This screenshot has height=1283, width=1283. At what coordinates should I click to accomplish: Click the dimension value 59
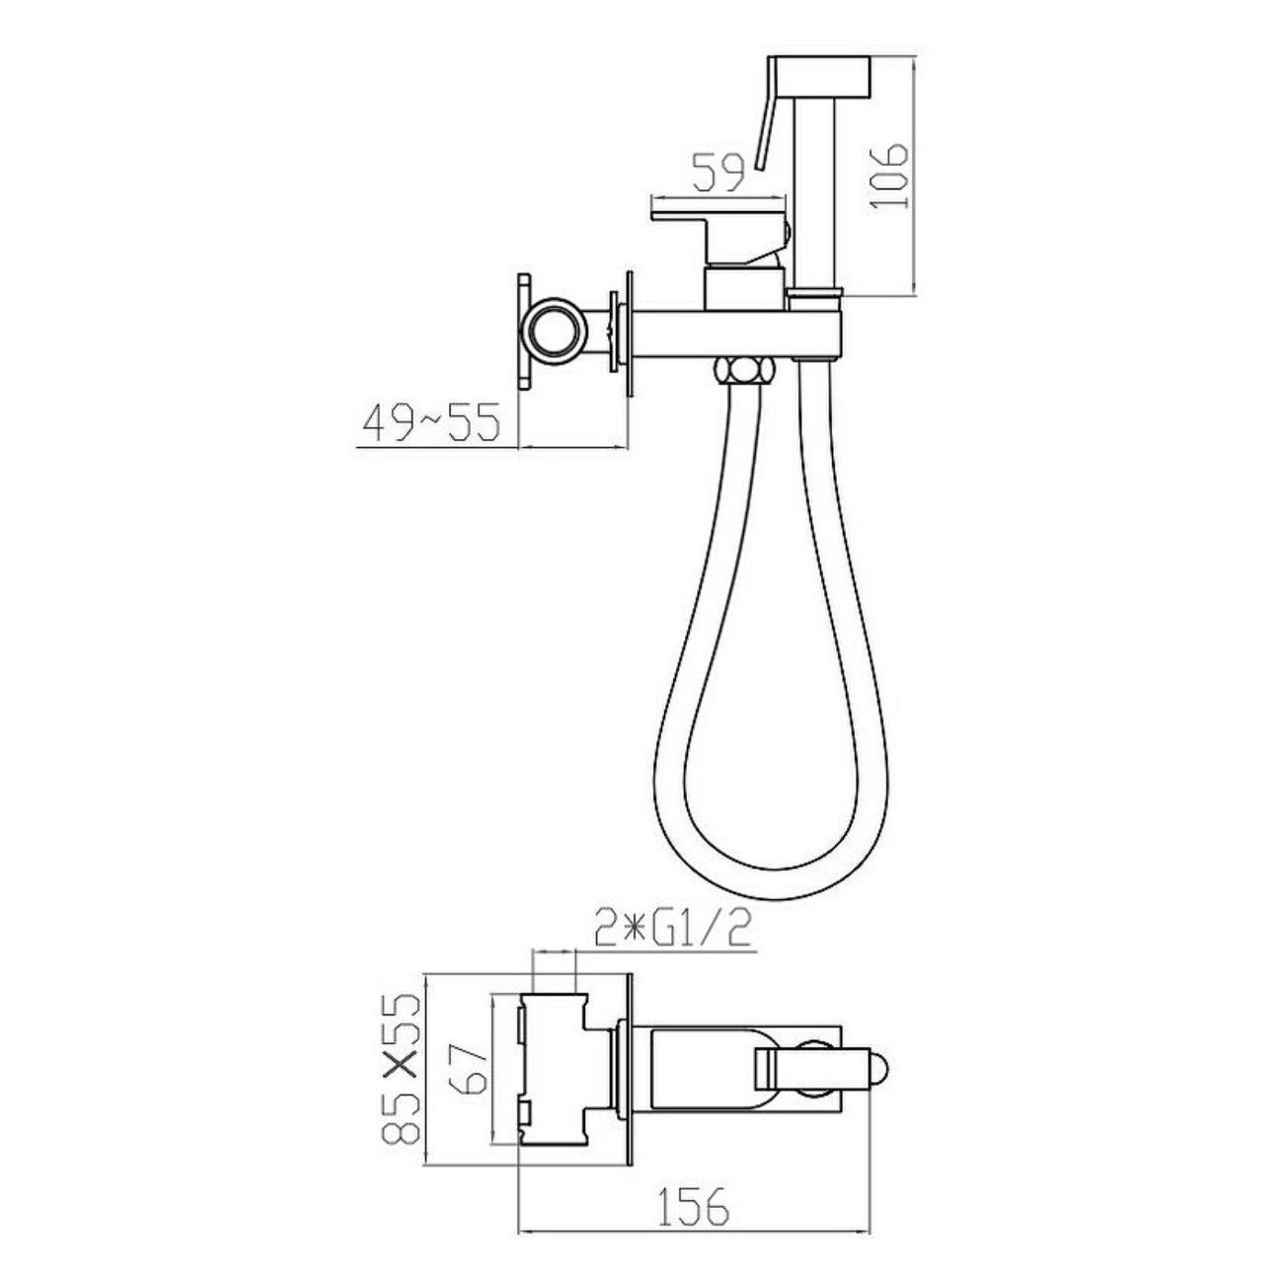coord(717,173)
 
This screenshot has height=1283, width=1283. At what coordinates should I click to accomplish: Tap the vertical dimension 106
coord(889,175)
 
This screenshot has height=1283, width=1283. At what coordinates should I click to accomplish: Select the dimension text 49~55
coord(431,422)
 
